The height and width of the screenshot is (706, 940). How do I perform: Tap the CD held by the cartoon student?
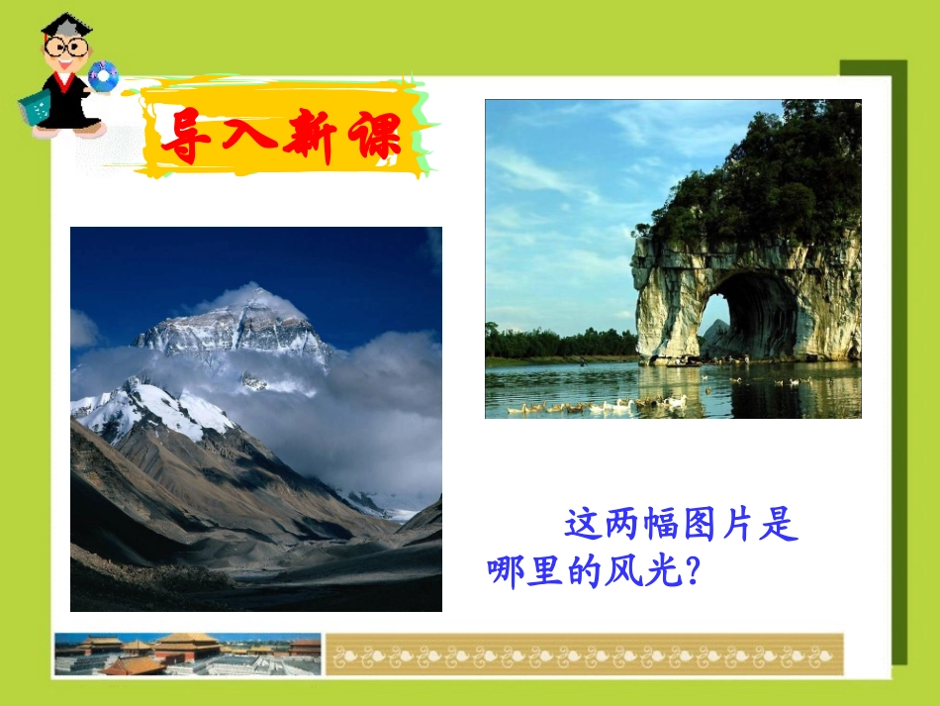pos(102,75)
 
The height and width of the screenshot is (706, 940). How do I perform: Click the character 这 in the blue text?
pos(583,526)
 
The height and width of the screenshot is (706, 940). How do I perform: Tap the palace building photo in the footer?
pos(188,654)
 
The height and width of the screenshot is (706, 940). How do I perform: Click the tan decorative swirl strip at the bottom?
pos(584,655)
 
